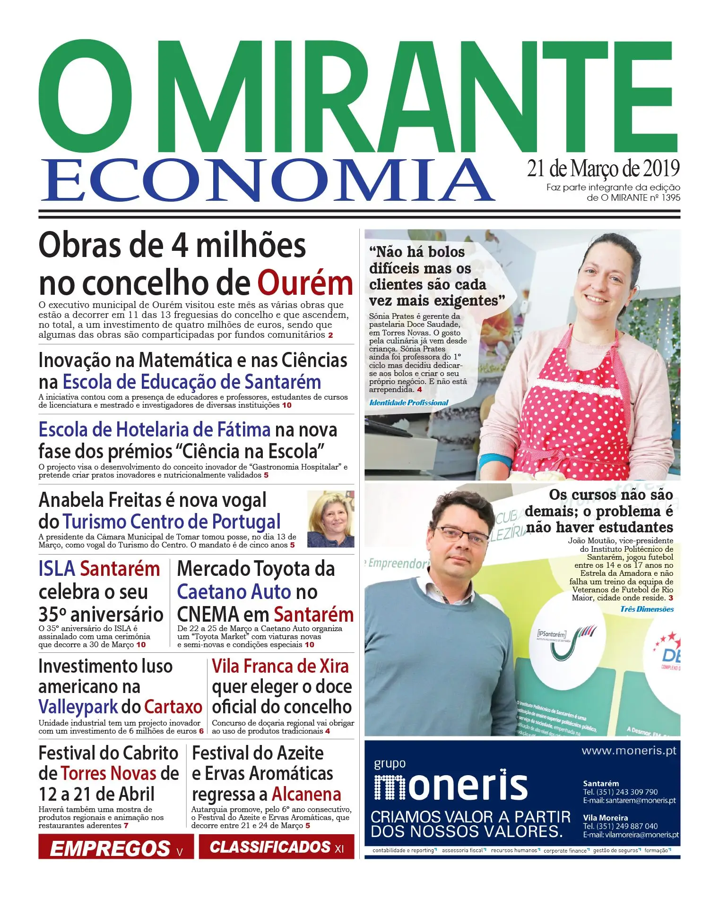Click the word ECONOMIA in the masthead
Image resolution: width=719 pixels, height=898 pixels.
point(267,181)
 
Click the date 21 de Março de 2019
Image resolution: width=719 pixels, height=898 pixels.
point(603,169)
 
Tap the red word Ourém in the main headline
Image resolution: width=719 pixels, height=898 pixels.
point(305,283)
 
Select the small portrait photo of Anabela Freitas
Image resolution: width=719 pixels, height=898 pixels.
point(330,519)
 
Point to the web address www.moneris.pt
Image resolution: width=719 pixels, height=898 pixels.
point(629,751)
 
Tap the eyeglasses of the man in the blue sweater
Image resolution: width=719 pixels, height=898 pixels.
point(460,534)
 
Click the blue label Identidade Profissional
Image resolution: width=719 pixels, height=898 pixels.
point(409,402)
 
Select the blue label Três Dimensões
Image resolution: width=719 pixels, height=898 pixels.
point(647,609)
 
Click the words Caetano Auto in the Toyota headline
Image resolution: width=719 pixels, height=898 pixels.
point(234,592)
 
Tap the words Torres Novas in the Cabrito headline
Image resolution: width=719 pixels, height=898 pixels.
point(109,773)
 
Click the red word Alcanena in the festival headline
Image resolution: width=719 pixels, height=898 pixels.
point(306,794)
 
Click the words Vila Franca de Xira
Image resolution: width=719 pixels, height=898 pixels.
point(280,666)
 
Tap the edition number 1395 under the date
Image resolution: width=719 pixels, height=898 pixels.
point(670,197)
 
